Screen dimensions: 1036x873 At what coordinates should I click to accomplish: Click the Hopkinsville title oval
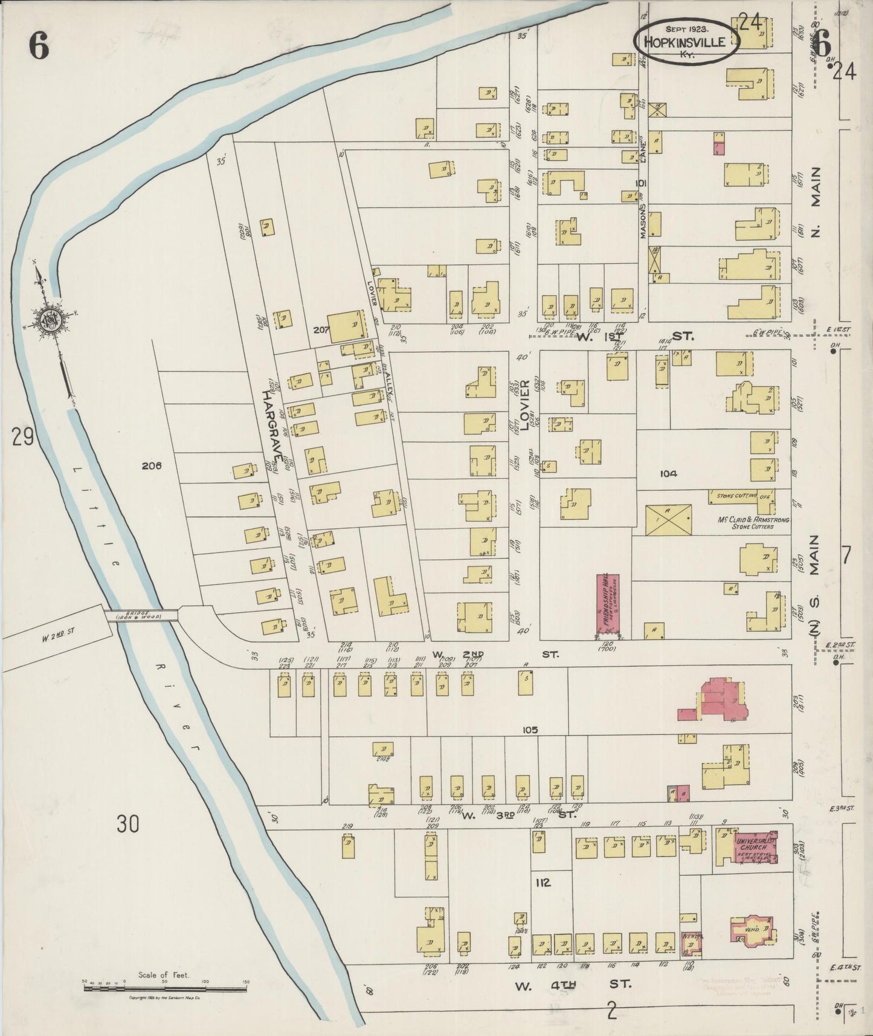pyautogui.click(x=686, y=42)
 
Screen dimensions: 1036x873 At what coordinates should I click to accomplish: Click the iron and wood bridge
pyautogui.click(x=141, y=615)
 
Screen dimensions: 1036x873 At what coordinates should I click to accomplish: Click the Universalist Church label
pyautogui.click(x=754, y=844)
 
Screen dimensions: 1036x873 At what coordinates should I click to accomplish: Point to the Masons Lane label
pyautogui.click(x=644, y=187)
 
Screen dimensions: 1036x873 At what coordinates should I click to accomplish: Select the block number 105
pyautogui.click(x=530, y=730)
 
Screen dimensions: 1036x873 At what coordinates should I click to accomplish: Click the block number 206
pyautogui.click(x=152, y=466)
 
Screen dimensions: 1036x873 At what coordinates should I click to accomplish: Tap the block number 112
pyautogui.click(x=543, y=883)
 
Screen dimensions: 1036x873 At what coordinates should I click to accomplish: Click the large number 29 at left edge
pyautogui.click(x=22, y=436)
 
